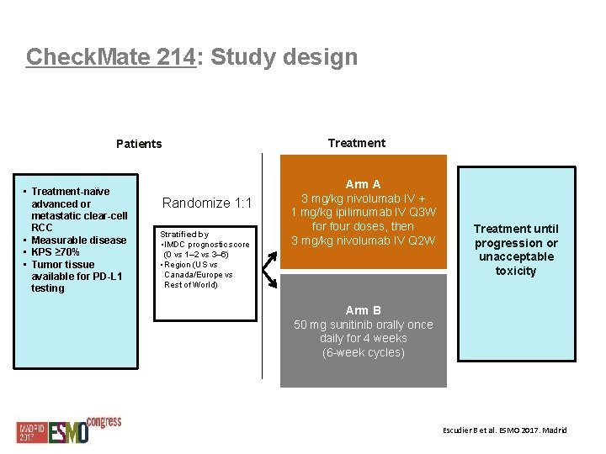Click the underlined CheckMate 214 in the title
[111, 57]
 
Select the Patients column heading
[139, 144]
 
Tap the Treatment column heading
[357, 143]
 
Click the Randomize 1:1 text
[207, 203]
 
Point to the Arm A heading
[364, 184]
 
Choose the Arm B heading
[364, 310]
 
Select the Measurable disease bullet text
[78, 240]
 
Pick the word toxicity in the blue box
[516, 271]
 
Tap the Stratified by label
[184, 235]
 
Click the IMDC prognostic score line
[206, 245]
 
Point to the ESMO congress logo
[70, 430]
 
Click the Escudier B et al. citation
[505, 430]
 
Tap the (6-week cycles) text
[364, 352]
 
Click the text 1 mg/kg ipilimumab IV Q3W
[364, 213]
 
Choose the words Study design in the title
[284, 57]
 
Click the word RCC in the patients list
[42, 228]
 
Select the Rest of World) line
[191, 284]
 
